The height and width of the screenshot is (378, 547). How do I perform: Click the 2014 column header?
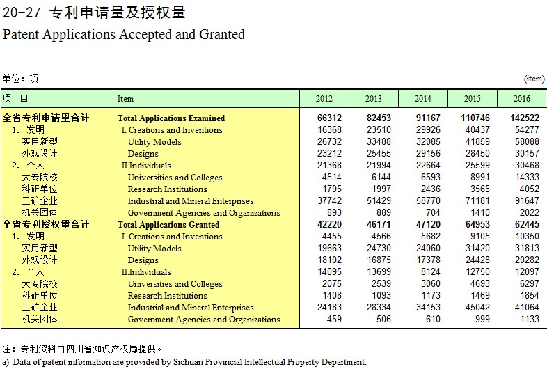tap(423, 99)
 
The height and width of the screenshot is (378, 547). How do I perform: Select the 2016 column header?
tap(521, 99)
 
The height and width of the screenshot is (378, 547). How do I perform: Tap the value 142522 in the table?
tap(525, 118)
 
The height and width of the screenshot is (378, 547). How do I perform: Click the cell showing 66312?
tap(329, 118)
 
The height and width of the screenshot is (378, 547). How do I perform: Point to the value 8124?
tap(431, 271)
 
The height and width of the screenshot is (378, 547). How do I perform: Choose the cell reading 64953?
tap(477, 224)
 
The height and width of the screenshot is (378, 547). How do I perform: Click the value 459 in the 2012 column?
tap(334, 319)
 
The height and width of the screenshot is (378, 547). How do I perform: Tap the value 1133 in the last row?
tap(530, 319)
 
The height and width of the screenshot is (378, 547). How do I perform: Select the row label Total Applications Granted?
tap(168, 225)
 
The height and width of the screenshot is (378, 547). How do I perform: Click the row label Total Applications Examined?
tap(171, 118)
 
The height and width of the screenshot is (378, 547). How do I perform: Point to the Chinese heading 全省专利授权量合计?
tap(46, 224)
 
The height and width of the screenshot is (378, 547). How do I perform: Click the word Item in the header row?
tap(125, 99)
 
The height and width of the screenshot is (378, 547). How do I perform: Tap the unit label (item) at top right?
tap(534, 79)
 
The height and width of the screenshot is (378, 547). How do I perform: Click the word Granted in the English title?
tap(222, 34)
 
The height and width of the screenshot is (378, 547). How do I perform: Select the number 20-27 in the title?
tap(22, 13)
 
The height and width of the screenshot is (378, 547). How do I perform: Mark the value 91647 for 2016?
tap(527, 200)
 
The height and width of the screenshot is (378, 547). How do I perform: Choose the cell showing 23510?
tap(379, 130)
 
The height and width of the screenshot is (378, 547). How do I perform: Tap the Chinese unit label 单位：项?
tap(20, 79)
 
